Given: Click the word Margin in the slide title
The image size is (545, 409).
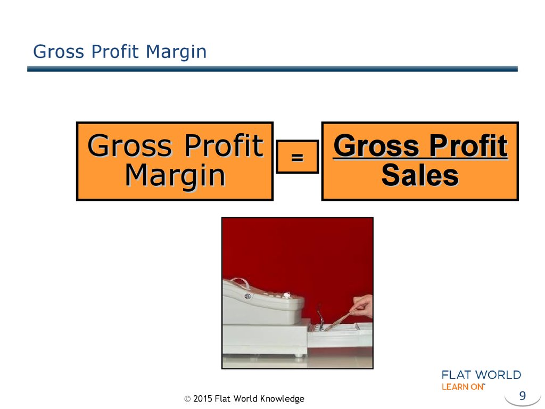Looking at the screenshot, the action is [x=176, y=52].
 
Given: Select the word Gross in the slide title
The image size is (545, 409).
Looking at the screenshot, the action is [x=59, y=52].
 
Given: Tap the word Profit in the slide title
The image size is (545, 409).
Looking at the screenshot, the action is [x=115, y=52].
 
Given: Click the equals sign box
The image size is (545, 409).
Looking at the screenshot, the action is [x=297, y=157].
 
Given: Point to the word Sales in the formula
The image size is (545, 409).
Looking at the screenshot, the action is [x=420, y=175].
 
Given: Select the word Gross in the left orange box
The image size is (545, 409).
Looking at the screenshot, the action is [x=130, y=145].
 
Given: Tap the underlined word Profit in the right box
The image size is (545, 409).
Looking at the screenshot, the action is [x=468, y=145].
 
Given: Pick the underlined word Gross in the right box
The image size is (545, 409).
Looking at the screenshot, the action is [x=376, y=145].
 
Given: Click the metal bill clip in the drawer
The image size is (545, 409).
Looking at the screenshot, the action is [x=320, y=317].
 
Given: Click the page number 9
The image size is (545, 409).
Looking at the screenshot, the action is [x=523, y=396].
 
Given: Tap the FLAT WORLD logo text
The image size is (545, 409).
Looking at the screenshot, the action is [x=481, y=375].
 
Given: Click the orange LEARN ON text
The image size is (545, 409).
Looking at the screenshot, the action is [x=463, y=387].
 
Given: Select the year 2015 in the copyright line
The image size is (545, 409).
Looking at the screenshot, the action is [x=203, y=398].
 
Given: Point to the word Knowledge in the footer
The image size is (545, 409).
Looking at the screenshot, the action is [x=282, y=399].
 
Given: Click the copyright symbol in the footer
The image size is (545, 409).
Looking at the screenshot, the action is [x=187, y=399].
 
